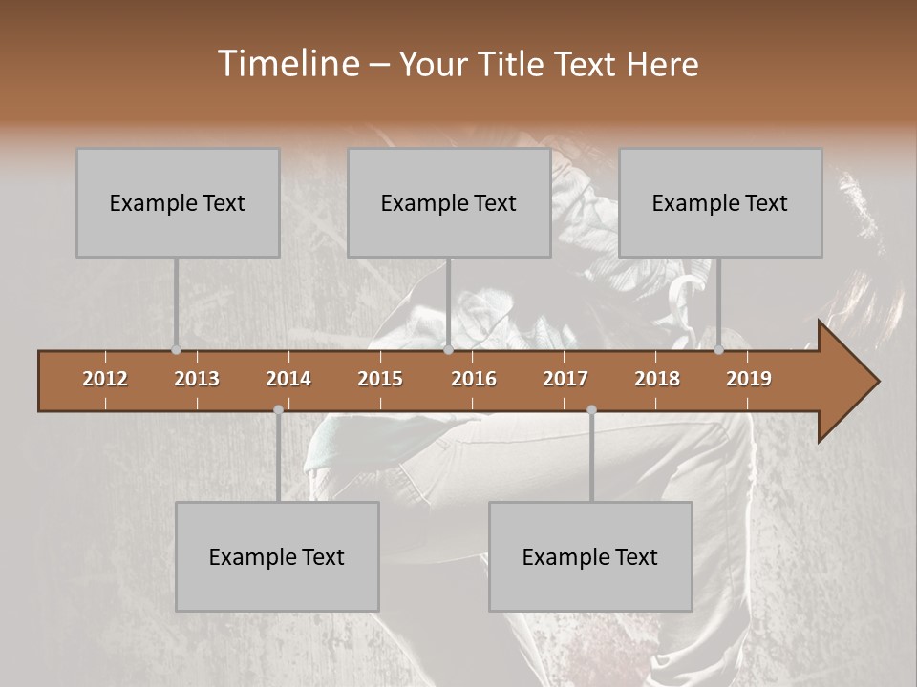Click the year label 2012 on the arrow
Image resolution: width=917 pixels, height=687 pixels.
tap(105, 379)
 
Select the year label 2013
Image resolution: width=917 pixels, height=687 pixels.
tap(197, 379)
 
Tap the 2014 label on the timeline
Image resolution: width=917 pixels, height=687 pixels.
tap(288, 379)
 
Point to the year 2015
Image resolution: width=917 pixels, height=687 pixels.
tap(380, 379)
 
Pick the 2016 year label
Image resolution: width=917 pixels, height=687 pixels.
tap(474, 379)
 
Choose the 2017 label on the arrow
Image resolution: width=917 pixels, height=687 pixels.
tap(565, 379)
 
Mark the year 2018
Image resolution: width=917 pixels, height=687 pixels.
tap(657, 379)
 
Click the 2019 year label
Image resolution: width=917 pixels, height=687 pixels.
tap(749, 379)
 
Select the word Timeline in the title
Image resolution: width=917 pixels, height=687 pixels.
tap(288, 64)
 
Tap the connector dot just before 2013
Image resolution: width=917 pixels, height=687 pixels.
tap(176, 350)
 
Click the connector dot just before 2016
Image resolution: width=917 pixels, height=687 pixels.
tap(448, 350)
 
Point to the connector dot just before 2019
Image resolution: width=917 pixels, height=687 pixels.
tap(719, 350)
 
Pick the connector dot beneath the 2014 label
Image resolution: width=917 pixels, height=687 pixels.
tap(278, 409)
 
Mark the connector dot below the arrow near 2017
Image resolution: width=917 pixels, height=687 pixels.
tap(591, 409)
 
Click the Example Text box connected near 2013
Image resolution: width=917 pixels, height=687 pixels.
tap(178, 202)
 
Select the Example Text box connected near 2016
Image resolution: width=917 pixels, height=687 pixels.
tap(449, 202)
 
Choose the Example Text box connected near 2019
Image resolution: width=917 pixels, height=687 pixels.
tap(720, 202)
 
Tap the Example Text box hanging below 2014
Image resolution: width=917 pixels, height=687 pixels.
tap(277, 556)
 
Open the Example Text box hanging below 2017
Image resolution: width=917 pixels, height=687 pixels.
tap(590, 556)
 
